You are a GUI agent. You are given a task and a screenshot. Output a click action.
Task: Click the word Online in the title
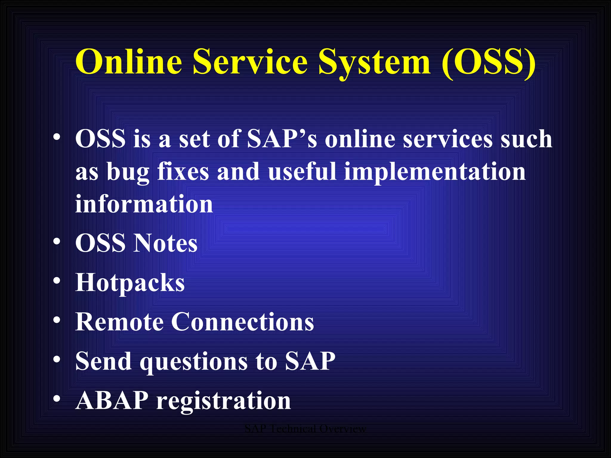(x=129, y=62)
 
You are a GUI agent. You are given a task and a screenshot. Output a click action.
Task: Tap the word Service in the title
(x=250, y=62)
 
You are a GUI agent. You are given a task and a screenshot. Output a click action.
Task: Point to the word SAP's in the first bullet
(x=282, y=139)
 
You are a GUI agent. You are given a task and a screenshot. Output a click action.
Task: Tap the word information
(x=144, y=204)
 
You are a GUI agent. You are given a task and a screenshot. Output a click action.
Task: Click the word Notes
(x=165, y=243)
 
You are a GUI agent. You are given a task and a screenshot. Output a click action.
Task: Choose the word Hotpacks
(x=130, y=283)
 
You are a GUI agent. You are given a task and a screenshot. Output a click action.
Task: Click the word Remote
(x=119, y=322)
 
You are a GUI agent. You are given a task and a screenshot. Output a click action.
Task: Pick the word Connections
(x=242, y=322)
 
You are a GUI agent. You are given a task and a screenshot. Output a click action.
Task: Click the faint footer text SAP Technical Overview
(x=305, y=429)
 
